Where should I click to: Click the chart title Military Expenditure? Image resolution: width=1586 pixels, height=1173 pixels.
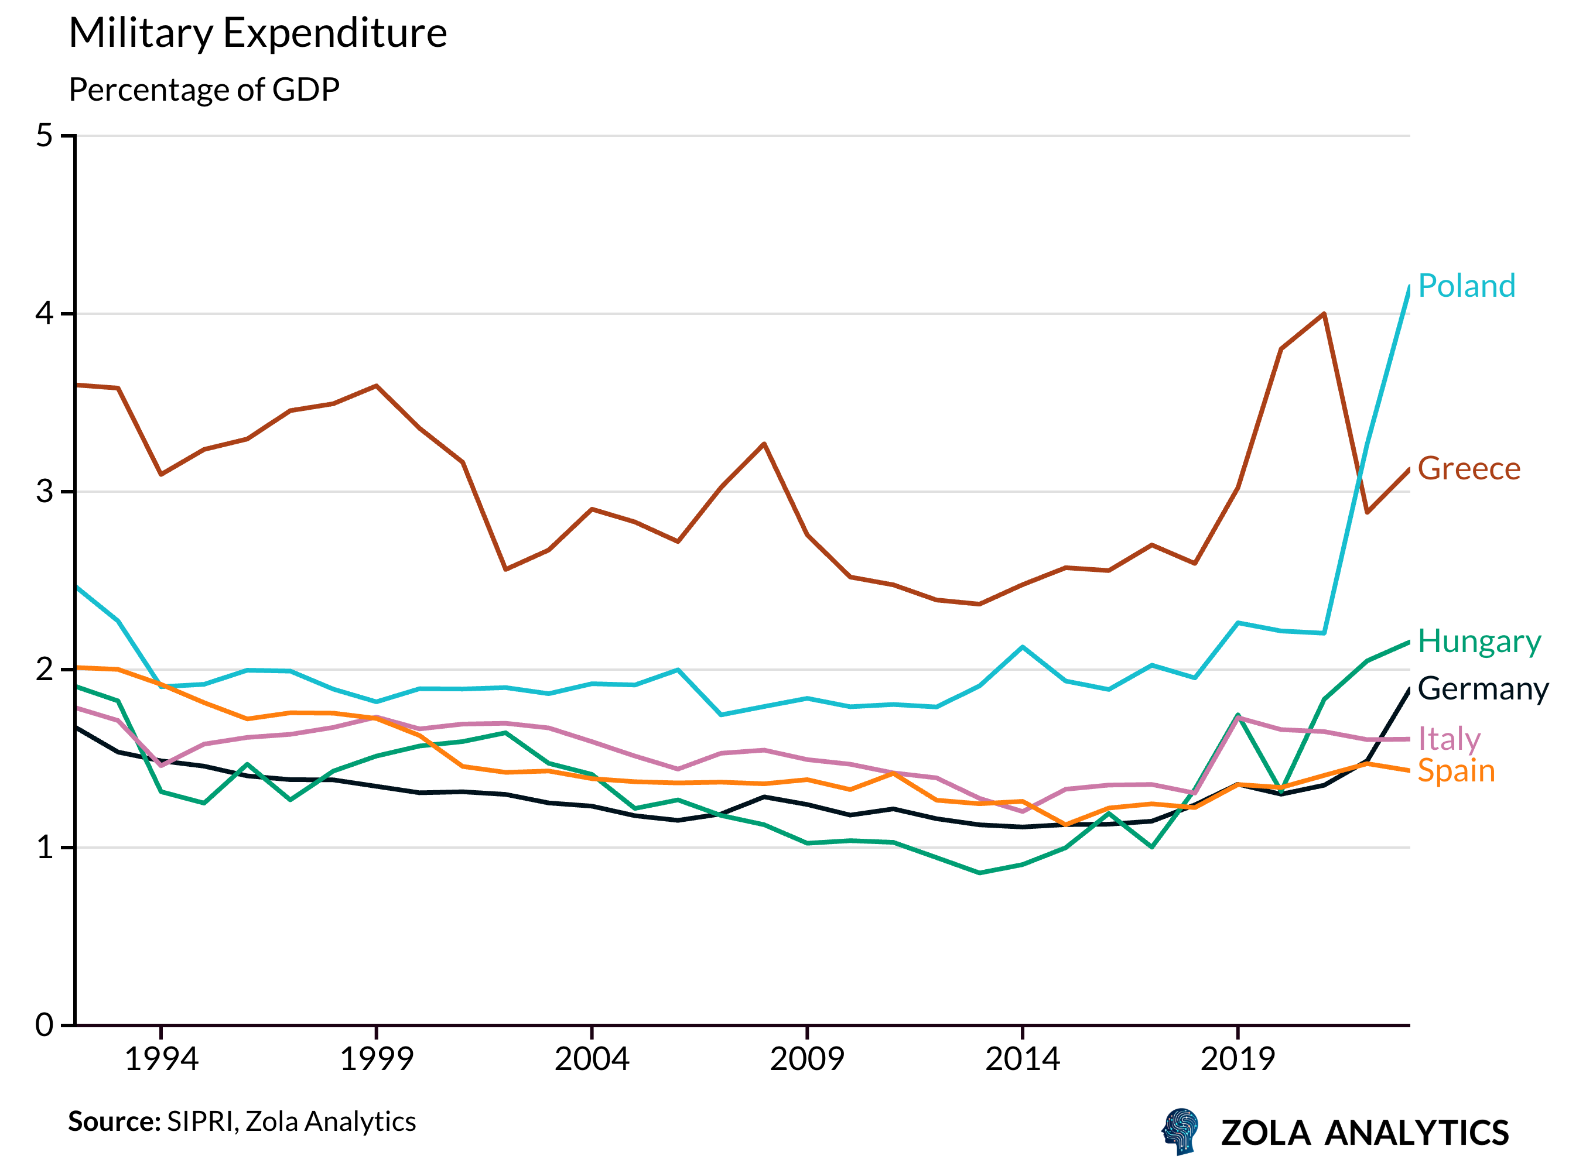[x=257, y=33]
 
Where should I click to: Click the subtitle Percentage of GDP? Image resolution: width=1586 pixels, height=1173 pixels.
[x=204, y=90]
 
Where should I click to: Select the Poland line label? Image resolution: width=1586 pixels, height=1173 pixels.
[x=1466, y=286]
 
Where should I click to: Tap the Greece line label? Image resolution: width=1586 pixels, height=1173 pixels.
[x=1468, y=469]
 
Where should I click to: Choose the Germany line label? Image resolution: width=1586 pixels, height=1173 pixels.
[x=1482, y=689]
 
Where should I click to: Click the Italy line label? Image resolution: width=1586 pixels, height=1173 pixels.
[x=1448, y=739]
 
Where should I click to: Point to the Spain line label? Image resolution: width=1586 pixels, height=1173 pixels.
[x=1455, y=771]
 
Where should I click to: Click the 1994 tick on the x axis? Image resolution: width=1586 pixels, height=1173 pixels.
[x=161, y=1059]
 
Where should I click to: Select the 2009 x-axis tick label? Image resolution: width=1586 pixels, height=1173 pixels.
[x=807, y=1059]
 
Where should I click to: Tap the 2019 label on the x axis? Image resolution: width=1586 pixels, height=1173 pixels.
[x=1238, y=1059]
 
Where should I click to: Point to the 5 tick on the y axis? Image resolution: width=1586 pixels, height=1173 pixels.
[x=45, y=136]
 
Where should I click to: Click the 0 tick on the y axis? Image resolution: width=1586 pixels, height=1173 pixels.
[x=45, y=1025]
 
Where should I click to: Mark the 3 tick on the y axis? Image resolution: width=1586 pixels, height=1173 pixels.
[x=45, y=491]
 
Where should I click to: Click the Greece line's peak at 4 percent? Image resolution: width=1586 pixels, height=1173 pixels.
[x=1324, y=313]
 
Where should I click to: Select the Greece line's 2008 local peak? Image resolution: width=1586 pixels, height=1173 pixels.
[x=764, y=444]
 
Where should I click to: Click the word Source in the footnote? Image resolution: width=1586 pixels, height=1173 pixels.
[x=114, y=1122]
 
